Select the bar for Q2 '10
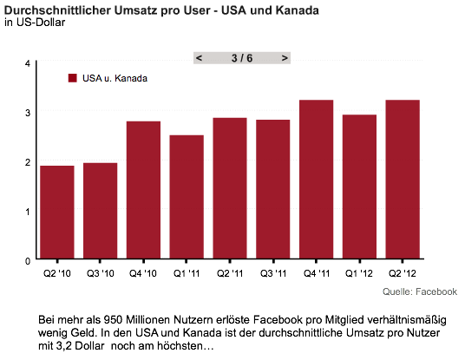point(57,212)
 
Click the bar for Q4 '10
point(143,190)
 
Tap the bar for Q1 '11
point(187,197)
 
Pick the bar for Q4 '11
point(316,179)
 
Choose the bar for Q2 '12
point(403,179)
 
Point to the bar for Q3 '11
point(273,189)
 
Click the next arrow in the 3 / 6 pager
point(285,58)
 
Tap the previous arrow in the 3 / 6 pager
point(199,58)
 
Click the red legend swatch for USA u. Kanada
point(73,78)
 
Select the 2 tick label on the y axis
point(28,162)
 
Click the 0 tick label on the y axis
point(28,261)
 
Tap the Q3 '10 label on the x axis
point(101,273)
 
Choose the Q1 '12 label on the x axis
point(359,273)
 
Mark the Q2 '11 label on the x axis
point(230,273)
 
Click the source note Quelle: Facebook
point(420,291)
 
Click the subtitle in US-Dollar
point(35,23)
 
